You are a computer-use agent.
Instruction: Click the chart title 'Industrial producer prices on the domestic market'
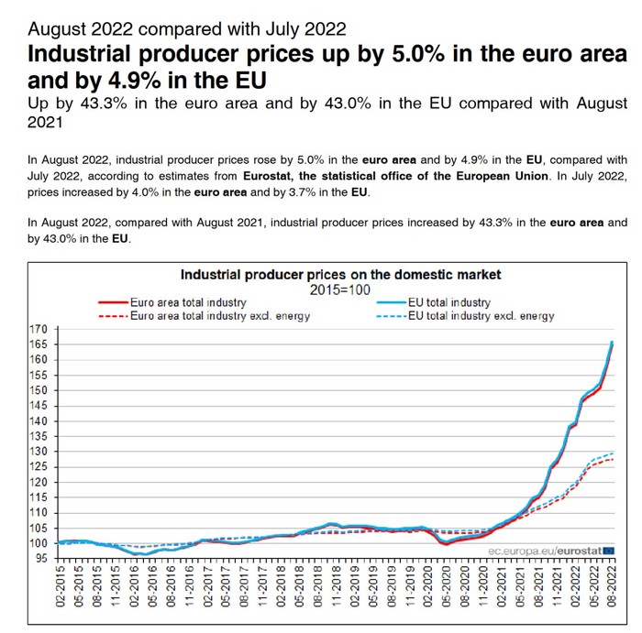[x=341, y=274]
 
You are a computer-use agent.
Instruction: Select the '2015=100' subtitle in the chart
[x=340, y=289]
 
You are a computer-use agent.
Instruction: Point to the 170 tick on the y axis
[x=39, y=329]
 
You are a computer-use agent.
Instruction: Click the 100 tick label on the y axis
[x=39, y=543]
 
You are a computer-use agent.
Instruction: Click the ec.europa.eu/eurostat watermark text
[x=545, y=551]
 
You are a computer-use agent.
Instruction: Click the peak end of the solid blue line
[x=613, y=343]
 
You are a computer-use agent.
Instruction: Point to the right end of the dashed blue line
[x=613, y=453]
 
